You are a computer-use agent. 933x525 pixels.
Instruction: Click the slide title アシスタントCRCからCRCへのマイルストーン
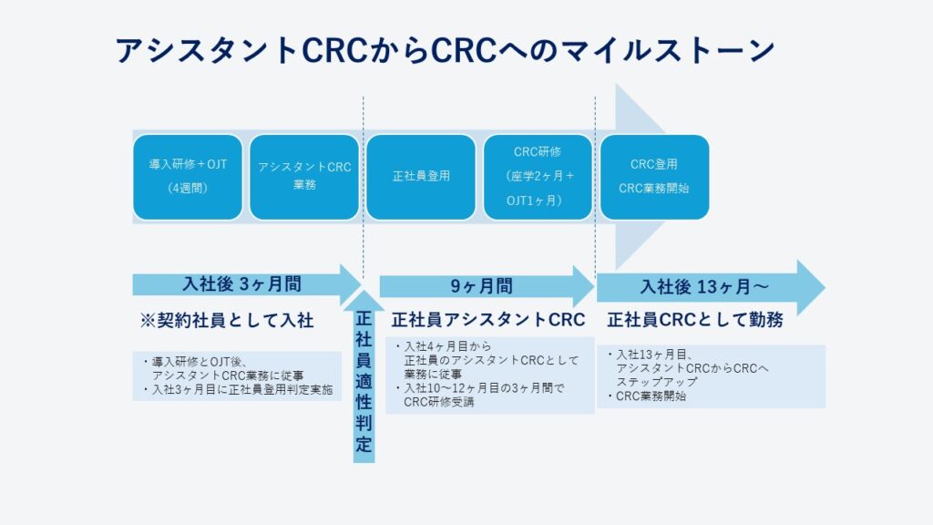(x=445, y=50)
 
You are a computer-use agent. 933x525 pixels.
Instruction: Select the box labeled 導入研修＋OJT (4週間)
(x=188, y=177)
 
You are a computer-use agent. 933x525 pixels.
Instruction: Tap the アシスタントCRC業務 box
(x=304, y=177)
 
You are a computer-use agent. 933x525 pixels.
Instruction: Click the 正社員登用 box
(x=421, y=177)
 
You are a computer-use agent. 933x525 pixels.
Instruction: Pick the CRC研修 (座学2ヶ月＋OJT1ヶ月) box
(x=538, y=177)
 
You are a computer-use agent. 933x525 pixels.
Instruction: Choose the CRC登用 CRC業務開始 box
(x=654, y=177)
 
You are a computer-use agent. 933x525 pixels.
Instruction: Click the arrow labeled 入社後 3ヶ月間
(x=247, y=284)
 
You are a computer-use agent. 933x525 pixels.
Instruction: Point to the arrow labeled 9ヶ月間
(x=487, y=286)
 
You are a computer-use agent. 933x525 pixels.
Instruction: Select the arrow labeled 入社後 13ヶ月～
(x=711, y=287)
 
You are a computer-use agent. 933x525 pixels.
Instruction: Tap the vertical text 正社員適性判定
(x=364, y=381)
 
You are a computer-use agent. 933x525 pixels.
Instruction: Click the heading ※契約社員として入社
(x=227, y=320)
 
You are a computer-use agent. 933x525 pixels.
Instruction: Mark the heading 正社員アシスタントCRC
(x=488, y=320)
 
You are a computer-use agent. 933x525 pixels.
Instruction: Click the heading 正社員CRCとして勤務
(x=695, y=320)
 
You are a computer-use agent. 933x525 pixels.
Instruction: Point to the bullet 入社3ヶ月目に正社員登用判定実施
(x=238, y=390)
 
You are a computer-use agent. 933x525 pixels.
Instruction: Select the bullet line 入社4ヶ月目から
(x=444, y=346)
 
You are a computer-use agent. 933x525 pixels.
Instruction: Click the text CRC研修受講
(x=439, y=402)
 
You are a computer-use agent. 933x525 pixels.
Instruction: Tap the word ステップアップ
(x=656, y=382)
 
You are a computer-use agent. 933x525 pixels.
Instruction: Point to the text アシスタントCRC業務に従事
(x=228, y=376)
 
